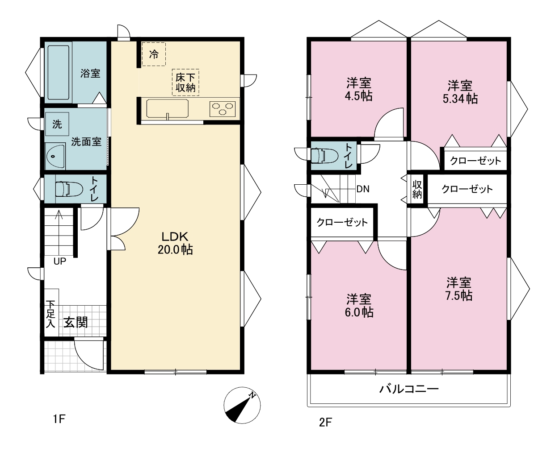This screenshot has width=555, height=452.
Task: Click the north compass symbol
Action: pos(242,405)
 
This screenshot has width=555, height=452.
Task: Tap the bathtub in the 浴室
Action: pos(59,73)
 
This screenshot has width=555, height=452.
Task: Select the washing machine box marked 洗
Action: pos(57,124)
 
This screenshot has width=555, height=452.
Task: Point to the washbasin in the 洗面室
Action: pos(55,156)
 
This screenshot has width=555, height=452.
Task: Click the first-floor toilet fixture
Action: pos(69,189)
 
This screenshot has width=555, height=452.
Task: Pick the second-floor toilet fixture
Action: pos(324,156)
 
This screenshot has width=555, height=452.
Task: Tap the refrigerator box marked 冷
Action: pos(154,54)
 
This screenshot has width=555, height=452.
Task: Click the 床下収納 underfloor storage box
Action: pos(185,82)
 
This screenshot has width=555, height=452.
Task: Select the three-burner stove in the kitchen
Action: pos(223,108)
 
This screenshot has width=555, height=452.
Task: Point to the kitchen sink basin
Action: pos(168,108)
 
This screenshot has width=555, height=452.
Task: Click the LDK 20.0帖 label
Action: pos(175,243)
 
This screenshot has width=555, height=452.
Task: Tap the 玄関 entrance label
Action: pos(76,323)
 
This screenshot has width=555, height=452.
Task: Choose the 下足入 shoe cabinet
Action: pos(51,312)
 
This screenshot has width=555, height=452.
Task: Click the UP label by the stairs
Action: pos(60,261)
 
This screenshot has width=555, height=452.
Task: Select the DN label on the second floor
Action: pos(363,189)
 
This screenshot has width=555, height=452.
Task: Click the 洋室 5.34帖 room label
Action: pos(460,92)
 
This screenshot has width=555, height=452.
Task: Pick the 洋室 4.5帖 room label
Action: pos(359,90)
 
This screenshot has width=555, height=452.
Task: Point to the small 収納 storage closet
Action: pos(417,189)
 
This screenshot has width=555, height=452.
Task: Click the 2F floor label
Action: pos(325,423)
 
